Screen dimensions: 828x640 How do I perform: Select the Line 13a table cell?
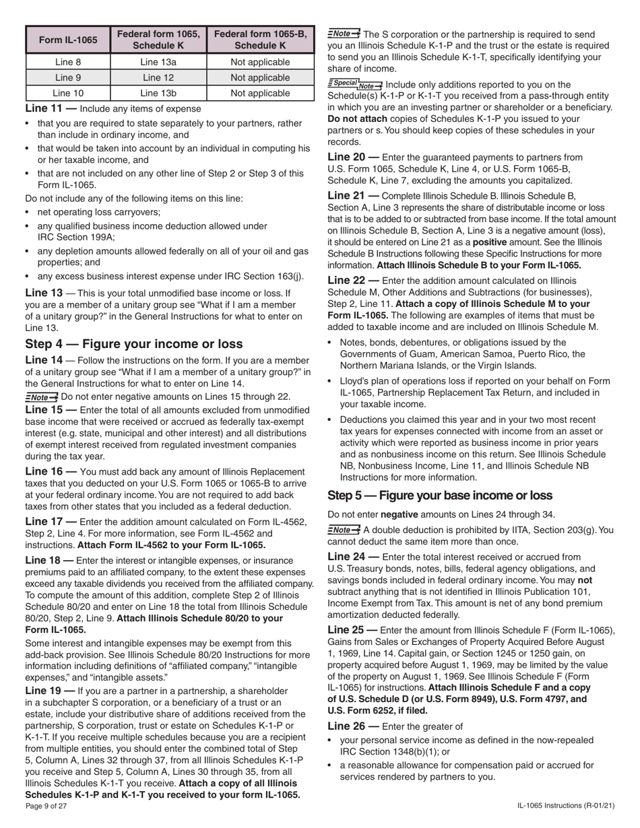(158, 62)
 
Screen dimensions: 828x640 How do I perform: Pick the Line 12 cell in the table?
(158, 77)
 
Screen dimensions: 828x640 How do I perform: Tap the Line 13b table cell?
(158, 93)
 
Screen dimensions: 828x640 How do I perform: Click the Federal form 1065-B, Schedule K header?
(260, 40)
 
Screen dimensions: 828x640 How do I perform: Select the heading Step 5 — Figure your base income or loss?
(439, 495)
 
